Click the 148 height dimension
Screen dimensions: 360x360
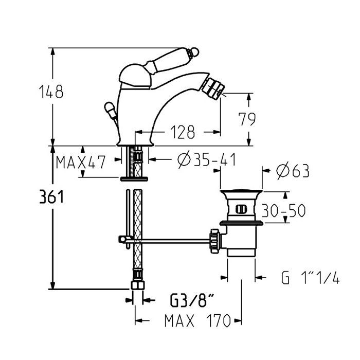click(51, 92)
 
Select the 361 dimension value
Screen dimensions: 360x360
click(51, 197)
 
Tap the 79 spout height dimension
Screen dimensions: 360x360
click(247, 119)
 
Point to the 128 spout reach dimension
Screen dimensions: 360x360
click(183, 132)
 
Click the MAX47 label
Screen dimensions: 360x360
click(81, 162)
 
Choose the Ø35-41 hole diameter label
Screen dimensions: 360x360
click(207, 159)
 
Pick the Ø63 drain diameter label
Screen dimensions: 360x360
click(293, 171)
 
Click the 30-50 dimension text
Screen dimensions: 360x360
click(283, 210)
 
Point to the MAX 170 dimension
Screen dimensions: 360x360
click(197, 320)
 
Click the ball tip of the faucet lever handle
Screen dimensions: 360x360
click(195, 52)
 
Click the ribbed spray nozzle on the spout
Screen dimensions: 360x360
click(213, 88)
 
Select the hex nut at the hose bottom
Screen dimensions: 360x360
click(137, 285)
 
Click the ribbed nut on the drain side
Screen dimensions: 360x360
click(215, 241)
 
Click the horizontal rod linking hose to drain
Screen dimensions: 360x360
click(168, 241)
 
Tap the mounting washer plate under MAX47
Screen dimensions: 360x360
click(134, 179)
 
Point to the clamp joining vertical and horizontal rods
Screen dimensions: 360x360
click(124, 240)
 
